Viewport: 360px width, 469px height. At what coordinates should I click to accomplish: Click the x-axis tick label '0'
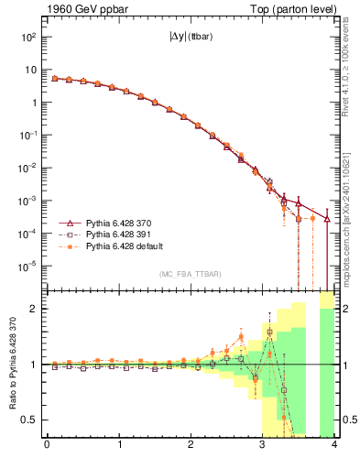(x=47, y=446)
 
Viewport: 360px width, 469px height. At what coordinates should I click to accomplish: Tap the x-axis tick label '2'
(x=191, y=446)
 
